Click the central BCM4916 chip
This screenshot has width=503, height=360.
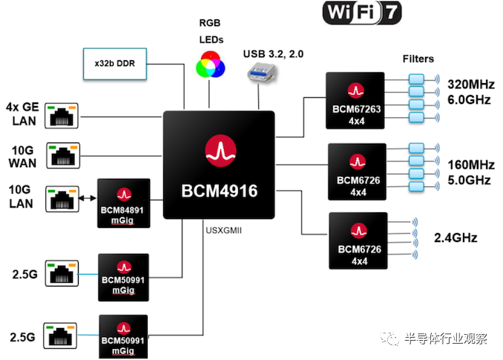(219, 164)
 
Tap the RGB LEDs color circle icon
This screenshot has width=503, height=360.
(210, 65)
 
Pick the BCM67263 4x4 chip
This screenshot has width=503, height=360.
(355, 100)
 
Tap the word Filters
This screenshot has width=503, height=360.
(419, 59)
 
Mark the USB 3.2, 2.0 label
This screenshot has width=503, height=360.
(274, 53)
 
